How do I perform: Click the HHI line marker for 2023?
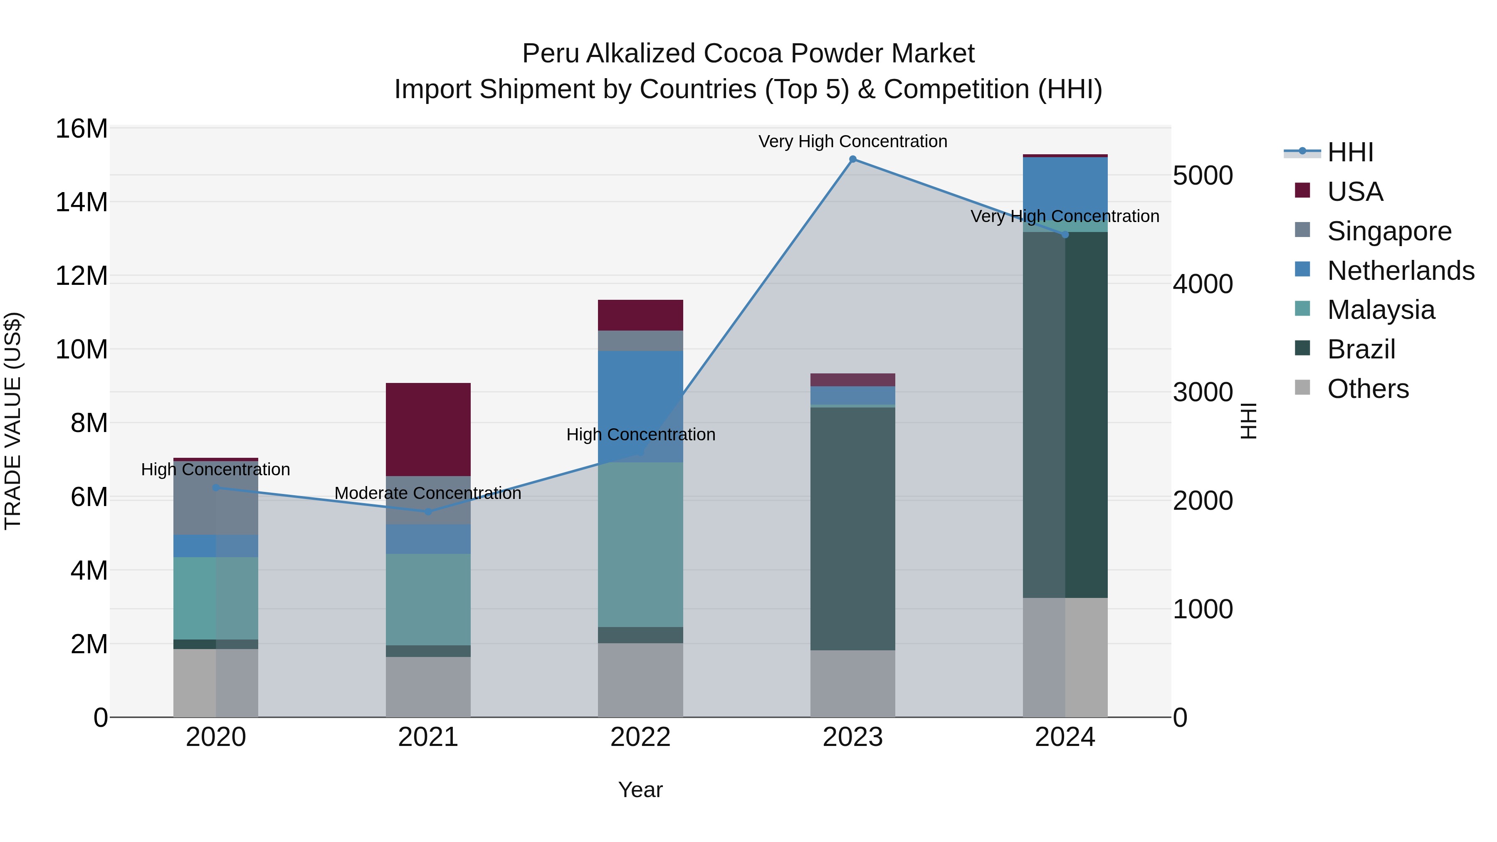click(852, 159)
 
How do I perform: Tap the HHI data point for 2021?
click(428, 511)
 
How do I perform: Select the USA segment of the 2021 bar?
click(428, 430)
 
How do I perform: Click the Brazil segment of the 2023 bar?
click(852, 529)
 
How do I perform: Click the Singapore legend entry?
click(1389, 231)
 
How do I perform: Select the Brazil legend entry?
click(1361, 349)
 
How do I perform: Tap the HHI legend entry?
click(1350, 152)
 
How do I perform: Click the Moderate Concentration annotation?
click(428, 493)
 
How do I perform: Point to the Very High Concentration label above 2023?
click(852, 141)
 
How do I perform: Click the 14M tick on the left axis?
click(82, 202)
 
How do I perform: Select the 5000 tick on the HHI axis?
click(1202, 175)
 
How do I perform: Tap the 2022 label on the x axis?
click(640, 737)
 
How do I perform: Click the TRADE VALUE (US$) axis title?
click(13, 421)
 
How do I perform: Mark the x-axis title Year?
click(640, 790)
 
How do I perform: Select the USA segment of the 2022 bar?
click(640, 315)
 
